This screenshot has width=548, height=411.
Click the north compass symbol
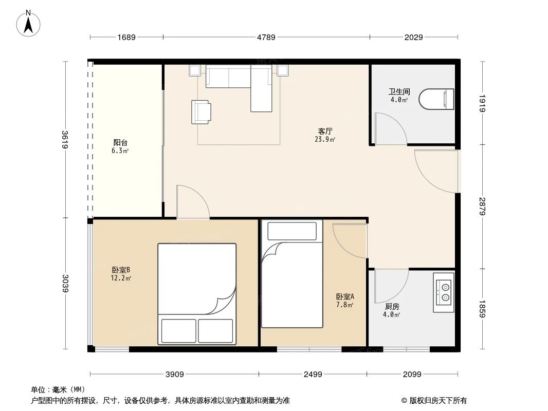(29, 24)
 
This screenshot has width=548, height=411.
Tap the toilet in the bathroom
(437, 99)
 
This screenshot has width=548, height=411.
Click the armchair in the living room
(201, 111)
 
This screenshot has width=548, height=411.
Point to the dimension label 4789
(266, 37)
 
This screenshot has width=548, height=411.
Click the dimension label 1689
(126, 37)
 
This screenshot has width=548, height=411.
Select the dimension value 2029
(413, 37)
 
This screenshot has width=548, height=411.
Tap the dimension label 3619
(65, 140)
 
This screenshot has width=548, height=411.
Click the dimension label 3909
(175, 374)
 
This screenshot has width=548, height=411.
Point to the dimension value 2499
(313, 374)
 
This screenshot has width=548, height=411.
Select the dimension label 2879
(483, 206)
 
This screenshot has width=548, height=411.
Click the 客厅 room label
(325, 130)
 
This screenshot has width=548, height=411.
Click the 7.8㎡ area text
(344, 305)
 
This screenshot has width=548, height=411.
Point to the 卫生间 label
(399, 92)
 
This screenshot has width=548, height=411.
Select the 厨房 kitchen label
(392, 306)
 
